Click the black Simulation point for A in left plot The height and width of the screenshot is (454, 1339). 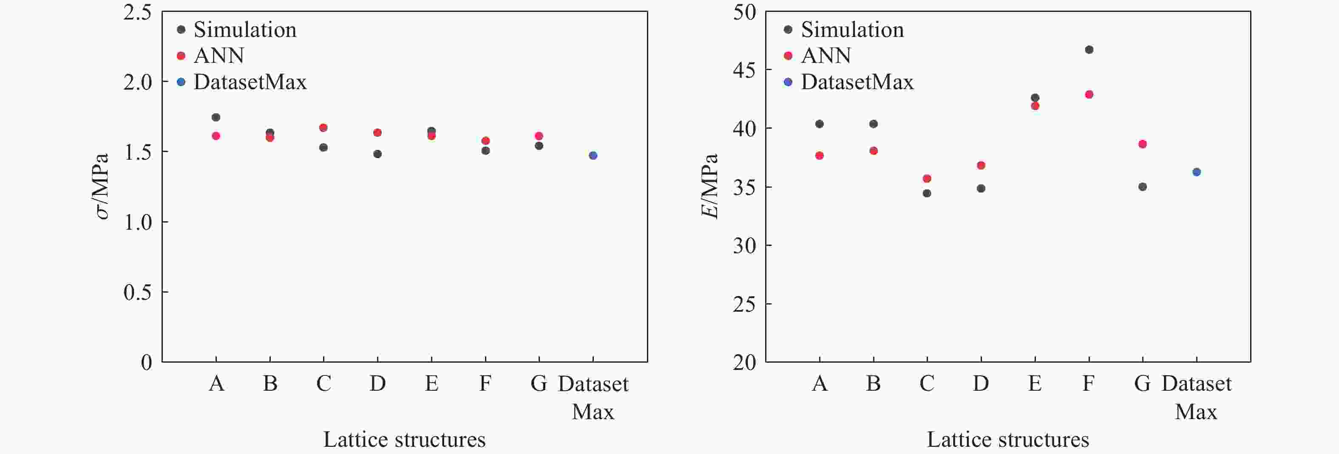tap(216, 117)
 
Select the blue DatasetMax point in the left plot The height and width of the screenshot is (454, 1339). tap(593, 155)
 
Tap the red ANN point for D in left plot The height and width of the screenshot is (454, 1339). tap(377, 133)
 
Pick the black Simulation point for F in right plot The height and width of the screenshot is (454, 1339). tap(1089, 50)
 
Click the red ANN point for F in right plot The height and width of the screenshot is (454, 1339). tap(1089, 95)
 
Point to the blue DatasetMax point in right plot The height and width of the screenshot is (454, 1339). tap(1197, 172)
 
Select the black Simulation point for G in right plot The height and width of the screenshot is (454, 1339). tap(1143, 186)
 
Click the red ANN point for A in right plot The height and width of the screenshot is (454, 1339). tap(820, 155)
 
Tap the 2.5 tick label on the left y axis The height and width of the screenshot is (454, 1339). tap(137, 12)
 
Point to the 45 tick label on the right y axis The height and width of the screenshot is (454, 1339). tap(744, 70)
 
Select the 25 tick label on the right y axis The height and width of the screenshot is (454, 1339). tap(744, 304)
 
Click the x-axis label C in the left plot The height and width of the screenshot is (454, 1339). tap(323, 384)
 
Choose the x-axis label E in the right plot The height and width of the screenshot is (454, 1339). tap(1035, 384)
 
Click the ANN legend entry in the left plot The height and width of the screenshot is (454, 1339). tap(218, 56)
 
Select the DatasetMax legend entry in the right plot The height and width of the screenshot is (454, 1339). tap(857, 82)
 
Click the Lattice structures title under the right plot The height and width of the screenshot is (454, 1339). tap(1007, 440)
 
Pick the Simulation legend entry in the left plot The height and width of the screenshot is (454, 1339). tap(245, 30)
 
